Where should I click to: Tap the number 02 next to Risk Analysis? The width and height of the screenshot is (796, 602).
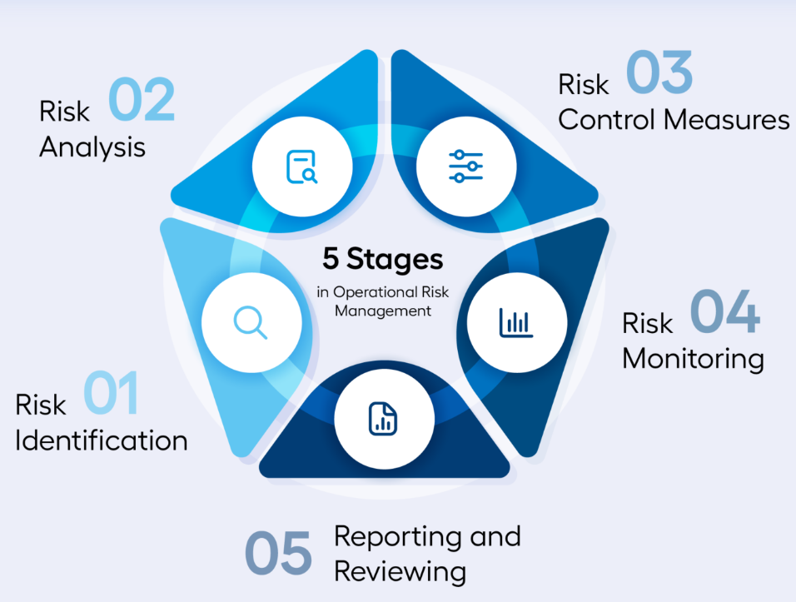[x=141, y=101]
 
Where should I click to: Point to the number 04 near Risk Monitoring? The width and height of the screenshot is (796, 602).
[x=724, y=311]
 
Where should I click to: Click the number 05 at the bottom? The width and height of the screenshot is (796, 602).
[x=278, y=552]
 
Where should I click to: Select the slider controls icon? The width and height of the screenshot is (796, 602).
[x=465, y=166]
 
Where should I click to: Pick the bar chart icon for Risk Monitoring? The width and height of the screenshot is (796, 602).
[x=516, y=322]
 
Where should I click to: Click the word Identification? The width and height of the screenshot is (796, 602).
[x=101, y=439]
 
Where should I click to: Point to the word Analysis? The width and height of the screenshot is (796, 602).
[x=92, y=147]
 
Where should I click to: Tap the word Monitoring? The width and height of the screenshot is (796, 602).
[x=693, y=359]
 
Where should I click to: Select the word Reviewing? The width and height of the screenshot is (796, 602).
[x=399, y=571]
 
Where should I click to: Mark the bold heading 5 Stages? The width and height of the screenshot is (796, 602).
[x=383, y=259]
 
